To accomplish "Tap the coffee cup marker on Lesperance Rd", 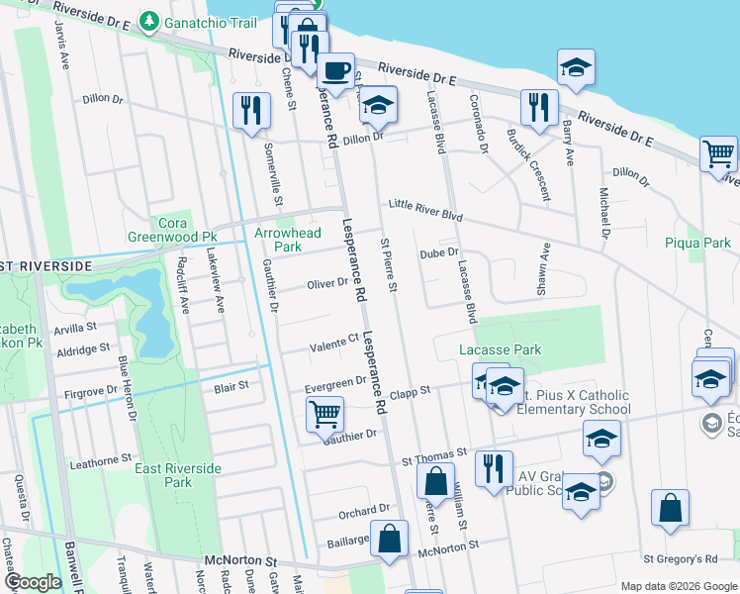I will (x=335, y=69).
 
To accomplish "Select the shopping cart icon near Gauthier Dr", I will (x=324, y=413).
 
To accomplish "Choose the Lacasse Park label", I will (x=500, y=349).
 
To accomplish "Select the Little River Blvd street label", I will (x=425, y=216).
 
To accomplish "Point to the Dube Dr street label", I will (x=439, y=253).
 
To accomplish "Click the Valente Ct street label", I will (x=332, y=346).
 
